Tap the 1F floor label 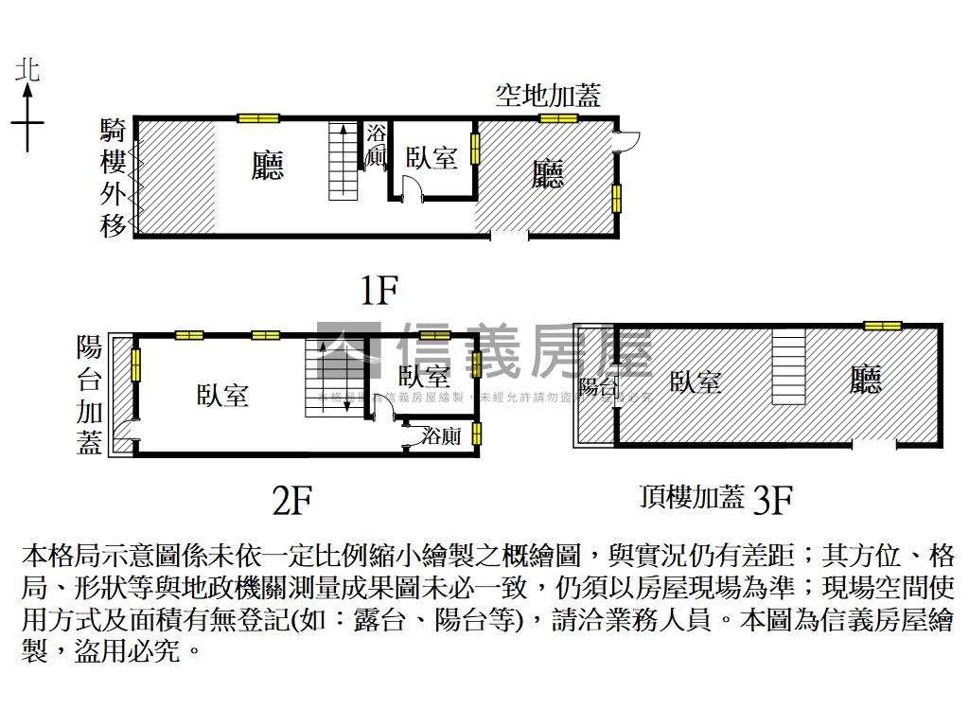coord(379,289)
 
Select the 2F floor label coord(291,499)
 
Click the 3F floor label coord(771,499)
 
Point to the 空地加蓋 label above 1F coord(548,95)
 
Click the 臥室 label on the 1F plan coord(432,157)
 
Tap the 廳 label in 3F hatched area coord(865,381)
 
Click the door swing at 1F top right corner coord(625,140)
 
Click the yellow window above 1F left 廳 coord(258,118)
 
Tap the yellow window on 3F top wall coord(882,326)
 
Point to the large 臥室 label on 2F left coord(223,395)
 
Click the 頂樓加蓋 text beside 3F coord(692,497)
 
